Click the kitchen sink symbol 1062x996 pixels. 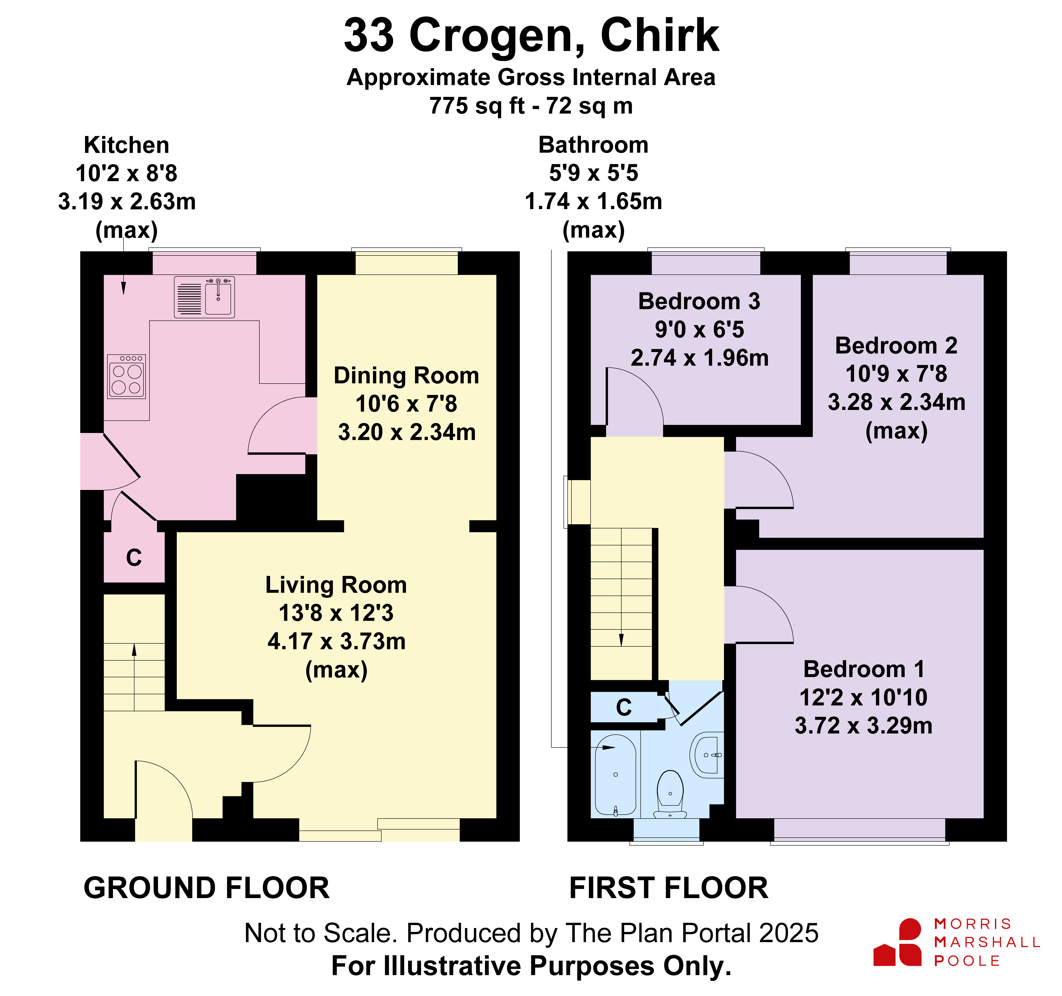pos(204,297)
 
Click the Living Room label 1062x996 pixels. pos(336,585)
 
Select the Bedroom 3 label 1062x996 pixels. pos(699,301)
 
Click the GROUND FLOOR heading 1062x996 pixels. pos(207,888)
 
